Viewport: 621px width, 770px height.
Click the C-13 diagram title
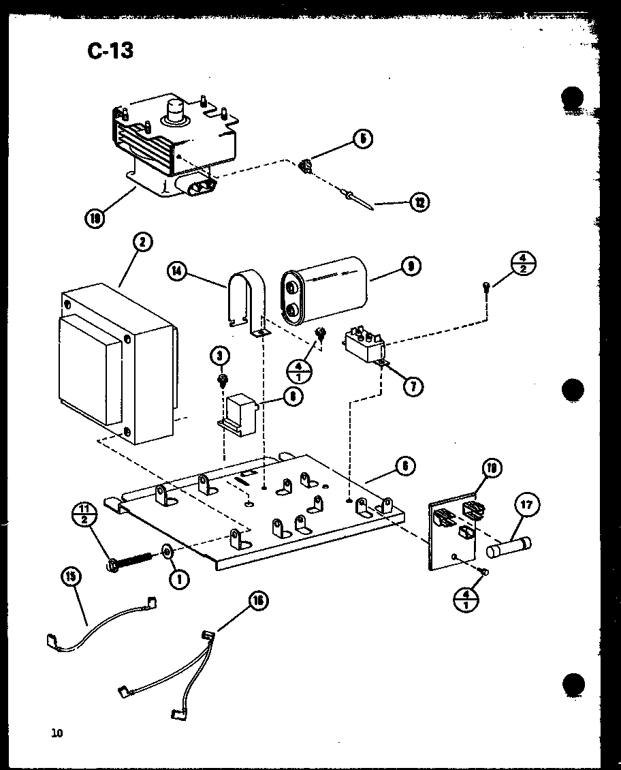pyautogui.click(x=110, y=50)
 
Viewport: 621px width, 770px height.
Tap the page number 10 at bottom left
pyautogui.click(x=56, y=733)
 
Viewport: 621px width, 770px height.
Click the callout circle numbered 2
pyautogui.click(x=143, y=243)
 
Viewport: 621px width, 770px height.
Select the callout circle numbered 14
pyautogui.click(x=177, y=271)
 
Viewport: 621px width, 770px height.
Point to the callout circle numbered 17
pyautogui.click(x=528, y=505)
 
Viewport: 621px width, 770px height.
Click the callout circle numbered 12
pyautogui.click(x=420, y=202)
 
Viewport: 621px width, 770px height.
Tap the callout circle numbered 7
pyautogui.click(x=412, y=386)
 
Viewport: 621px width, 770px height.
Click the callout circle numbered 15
pyautogui.click(x=70, y=576)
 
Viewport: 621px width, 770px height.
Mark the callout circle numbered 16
pyautogui.click(x=258, y=600)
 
